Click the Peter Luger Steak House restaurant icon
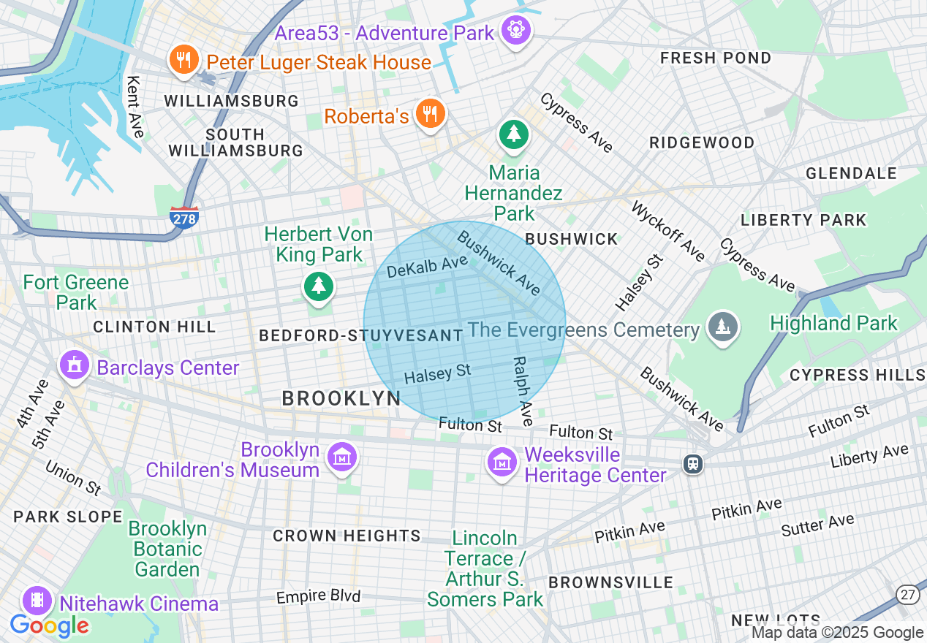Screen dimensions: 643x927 183,59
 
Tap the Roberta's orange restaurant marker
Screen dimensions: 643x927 430,114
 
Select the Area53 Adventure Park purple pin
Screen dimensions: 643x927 517,30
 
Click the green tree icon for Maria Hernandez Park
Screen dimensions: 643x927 514,134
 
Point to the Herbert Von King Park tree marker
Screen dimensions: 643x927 318,286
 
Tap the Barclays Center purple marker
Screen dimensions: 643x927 75,365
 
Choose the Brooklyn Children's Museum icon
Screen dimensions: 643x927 341,457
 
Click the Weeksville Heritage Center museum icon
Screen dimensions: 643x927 502,462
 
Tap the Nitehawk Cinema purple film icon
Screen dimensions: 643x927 37,601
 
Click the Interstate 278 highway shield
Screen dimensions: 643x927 183,218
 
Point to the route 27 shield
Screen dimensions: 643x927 908,595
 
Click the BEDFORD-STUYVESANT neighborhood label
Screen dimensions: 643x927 361,335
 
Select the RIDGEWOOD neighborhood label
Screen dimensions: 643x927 702,142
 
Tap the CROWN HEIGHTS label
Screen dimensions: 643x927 347,536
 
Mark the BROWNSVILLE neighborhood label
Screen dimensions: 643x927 610,582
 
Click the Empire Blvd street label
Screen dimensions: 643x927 318,597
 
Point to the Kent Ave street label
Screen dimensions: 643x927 135,107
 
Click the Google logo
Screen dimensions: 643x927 49,625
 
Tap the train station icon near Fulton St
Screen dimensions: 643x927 692,463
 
